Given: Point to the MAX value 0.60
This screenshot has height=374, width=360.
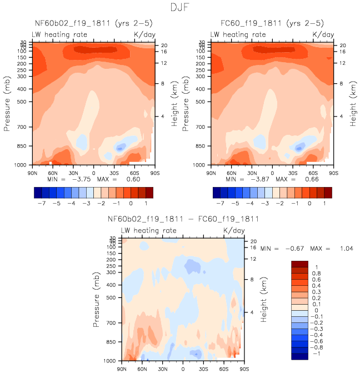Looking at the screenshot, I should [132, 180].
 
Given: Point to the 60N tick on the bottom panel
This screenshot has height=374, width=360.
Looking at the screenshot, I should [142, 368].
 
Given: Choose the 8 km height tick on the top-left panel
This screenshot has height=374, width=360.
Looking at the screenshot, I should [163, 84].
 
